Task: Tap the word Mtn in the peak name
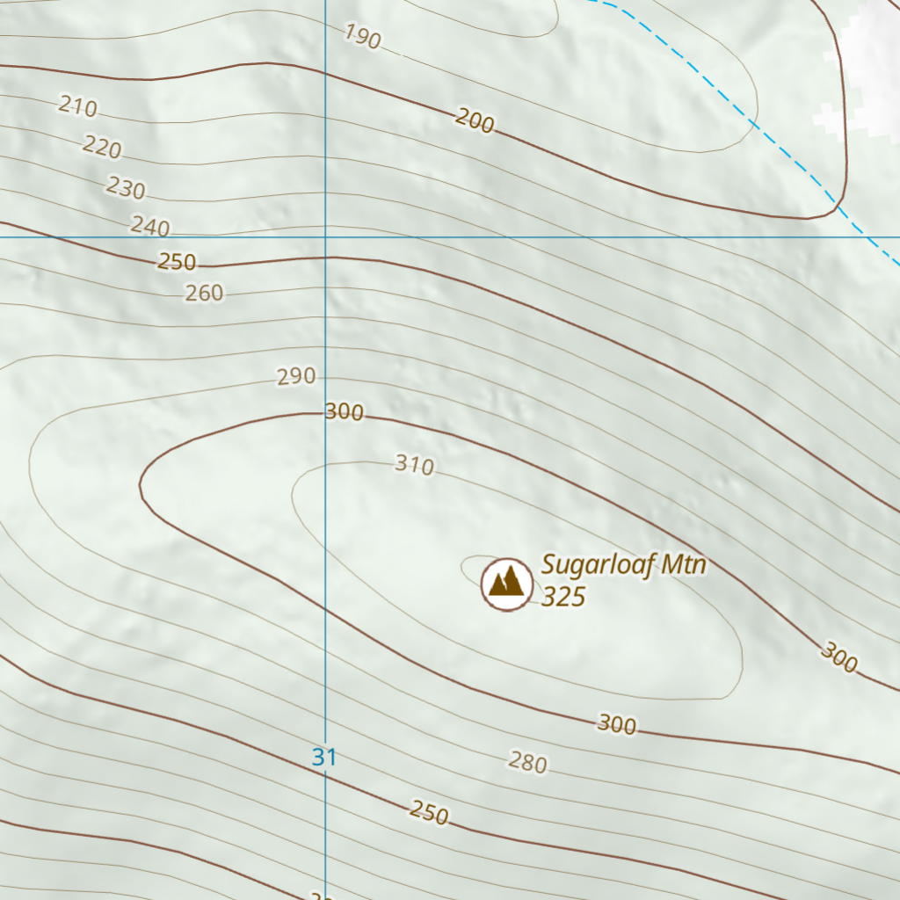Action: coord(683,564)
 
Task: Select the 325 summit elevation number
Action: coord(563,597)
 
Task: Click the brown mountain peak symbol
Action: coord(507,583)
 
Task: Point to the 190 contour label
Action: coord(362,36)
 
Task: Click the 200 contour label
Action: coord(475,121)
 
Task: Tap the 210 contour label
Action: coord(77,106)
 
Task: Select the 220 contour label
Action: coord(102,147)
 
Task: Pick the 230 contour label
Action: coord(126,187)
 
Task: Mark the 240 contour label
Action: coord(149,226)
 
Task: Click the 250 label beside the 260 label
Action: coord(177,262)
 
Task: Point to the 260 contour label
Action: coord(204,293)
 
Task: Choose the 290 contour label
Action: coord(296,377)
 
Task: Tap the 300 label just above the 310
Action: coord(345,411)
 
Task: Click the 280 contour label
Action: coord(527,763)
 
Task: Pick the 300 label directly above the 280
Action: coord(616,724)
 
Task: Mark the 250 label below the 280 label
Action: coord(429,814)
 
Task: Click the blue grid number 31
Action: coord(324,757)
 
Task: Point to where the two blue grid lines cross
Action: coord(326,236)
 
